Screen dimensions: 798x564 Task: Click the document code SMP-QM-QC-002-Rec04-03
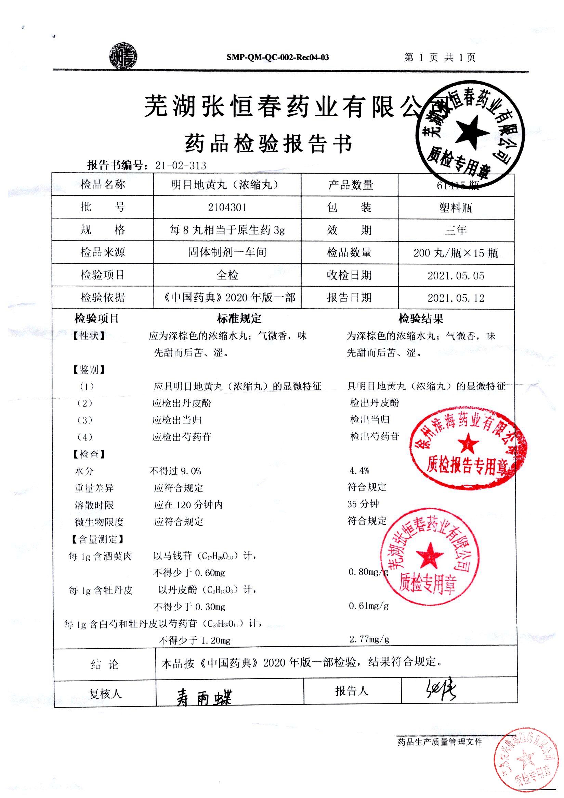277,58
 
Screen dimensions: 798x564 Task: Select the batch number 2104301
227,208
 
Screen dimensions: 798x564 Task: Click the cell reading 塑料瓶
456,208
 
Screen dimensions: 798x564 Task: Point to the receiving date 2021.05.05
456,276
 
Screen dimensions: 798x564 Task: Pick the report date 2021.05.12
456,298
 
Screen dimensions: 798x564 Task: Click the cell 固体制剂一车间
227,252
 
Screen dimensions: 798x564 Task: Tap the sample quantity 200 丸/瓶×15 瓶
456,253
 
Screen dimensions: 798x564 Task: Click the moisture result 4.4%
359,471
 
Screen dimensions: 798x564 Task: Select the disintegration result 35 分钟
363,504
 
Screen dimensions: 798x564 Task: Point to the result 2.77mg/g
369,639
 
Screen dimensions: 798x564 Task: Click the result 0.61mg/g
368,606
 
